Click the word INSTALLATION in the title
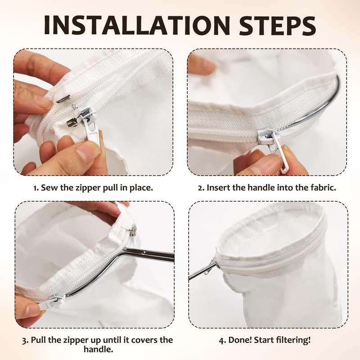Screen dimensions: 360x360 point(137,25)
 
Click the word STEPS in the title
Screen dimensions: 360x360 point(278,25)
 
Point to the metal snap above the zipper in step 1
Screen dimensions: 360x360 point(63,99)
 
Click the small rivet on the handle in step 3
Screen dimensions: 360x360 point(144,252)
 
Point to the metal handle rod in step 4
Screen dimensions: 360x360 point(202,271)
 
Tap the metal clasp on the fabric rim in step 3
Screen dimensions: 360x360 point(133,229)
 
